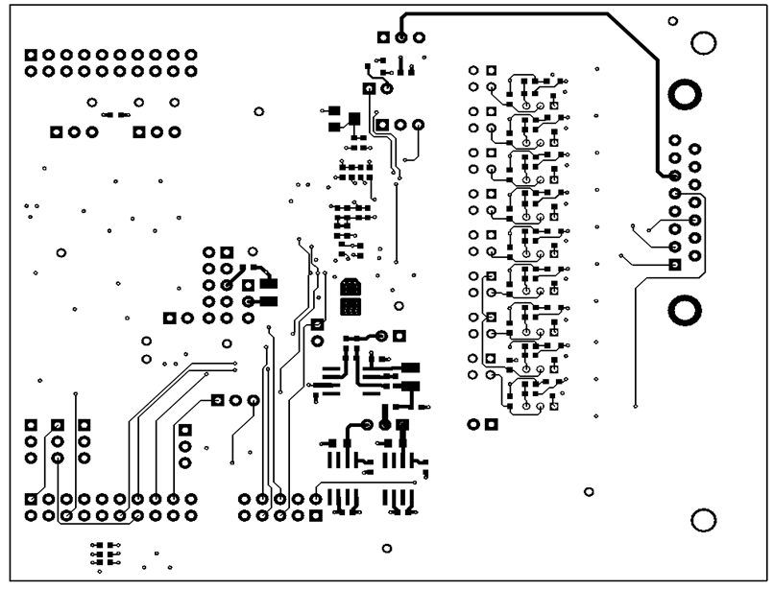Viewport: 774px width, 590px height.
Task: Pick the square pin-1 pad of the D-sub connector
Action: tap(675, 264)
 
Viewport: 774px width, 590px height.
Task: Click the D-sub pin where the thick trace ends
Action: tap(675, 177)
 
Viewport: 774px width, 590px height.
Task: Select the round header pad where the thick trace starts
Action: tap(401, 37)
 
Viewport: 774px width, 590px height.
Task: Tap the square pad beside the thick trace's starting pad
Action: tap(383, 37)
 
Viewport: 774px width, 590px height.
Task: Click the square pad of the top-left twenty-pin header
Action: tap(32, 54)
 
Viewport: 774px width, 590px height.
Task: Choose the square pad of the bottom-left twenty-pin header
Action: tap(32, 499)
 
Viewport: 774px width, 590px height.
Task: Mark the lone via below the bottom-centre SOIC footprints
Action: tap(387, 550)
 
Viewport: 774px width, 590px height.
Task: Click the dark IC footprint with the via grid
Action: tap(351, 297)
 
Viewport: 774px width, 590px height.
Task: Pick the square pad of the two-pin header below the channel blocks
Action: tap(491, 423)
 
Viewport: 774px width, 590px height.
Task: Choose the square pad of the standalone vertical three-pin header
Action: tap(185, 430)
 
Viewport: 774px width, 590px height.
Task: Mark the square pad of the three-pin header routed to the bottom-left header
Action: tap(218, 400)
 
